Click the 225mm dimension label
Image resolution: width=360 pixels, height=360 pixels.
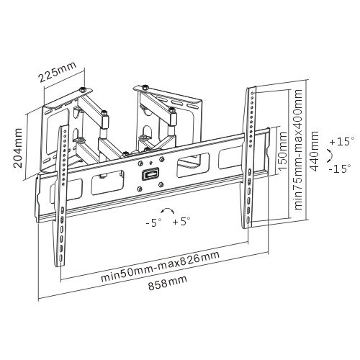58,72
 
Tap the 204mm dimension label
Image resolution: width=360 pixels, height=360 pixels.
18,148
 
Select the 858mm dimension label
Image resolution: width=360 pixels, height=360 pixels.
167,283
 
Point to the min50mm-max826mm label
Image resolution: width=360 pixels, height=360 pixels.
160,266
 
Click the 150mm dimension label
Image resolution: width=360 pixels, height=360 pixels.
282,151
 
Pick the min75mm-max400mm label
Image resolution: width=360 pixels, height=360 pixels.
298,150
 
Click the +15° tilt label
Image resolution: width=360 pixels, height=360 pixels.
342,141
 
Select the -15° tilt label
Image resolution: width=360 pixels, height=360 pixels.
340,168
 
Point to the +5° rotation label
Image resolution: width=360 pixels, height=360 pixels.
181,221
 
